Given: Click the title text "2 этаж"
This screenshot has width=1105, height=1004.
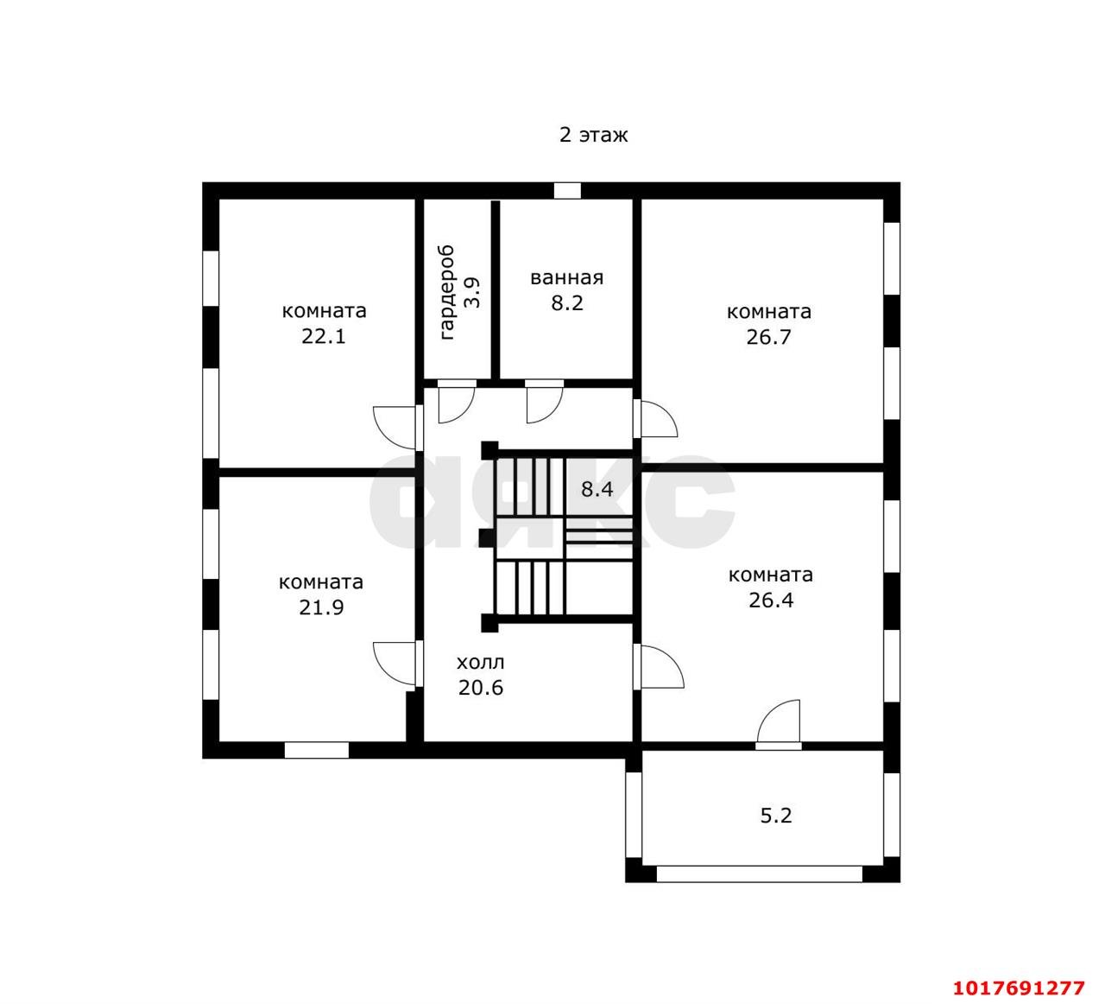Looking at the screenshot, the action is (593, 135).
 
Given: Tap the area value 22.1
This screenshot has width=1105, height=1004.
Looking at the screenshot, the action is (324, 336).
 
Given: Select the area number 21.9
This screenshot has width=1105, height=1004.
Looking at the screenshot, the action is (321, 607).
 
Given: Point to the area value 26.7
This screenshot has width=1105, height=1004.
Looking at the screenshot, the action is (768, 337).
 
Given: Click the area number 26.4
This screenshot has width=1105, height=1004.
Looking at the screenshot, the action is (771, 600).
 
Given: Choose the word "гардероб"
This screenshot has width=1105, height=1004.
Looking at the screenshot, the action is (446, 292).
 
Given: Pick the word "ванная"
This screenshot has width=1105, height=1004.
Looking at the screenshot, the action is (567, 278).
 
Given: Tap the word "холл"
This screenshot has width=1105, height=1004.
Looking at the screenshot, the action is (480, 662).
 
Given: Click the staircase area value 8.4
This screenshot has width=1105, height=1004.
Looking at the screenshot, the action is (597, 489).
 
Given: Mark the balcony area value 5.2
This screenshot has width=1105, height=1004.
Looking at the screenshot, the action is (776, 815).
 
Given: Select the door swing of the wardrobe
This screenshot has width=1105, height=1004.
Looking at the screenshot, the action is (457, 402).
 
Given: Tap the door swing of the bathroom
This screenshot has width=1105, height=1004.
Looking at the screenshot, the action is (544, 402).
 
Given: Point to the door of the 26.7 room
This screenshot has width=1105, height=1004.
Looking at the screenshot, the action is (655, 418).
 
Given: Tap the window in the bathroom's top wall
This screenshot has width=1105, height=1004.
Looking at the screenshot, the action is (567, 191).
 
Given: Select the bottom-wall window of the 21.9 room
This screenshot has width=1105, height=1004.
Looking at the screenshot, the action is (317, 750).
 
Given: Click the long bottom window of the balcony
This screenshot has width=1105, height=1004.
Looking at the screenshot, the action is (760, 874).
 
